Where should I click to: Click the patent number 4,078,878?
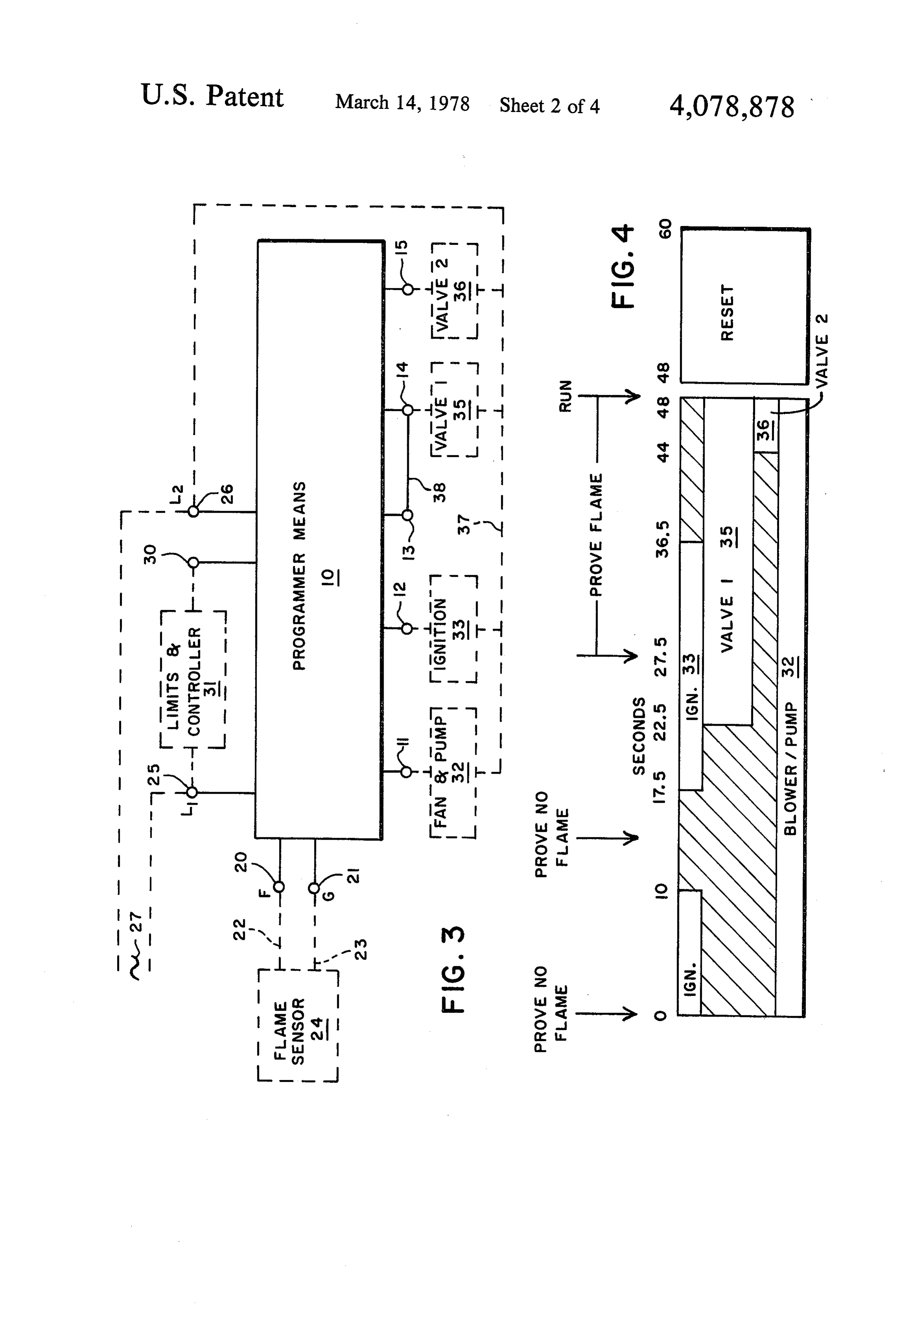732,107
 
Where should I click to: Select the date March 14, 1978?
403,103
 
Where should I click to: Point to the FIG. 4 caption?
623,266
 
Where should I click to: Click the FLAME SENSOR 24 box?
298,1025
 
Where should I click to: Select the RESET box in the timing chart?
745,306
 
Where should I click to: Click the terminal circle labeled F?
279,887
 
